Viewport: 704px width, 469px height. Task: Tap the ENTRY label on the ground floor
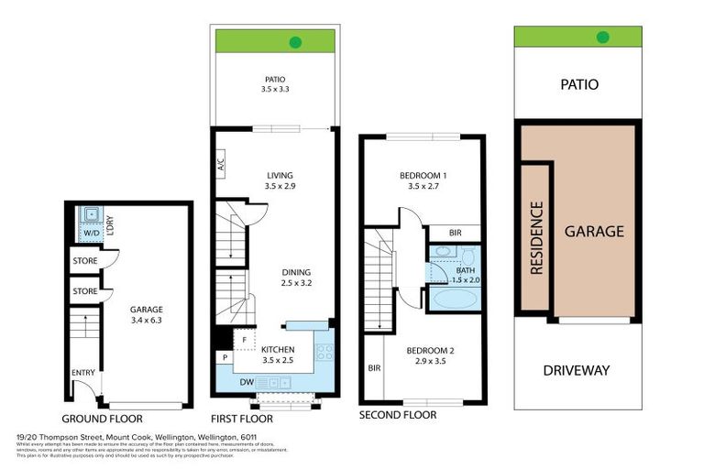pyautogui.click(x=83, y=373)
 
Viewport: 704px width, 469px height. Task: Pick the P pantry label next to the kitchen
pyautogui.click(x=224, y=357)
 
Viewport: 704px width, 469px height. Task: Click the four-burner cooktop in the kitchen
pyautogui.click(x=324, y=351)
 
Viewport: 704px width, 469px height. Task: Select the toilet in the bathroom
pyautogui.click(x=467, y=256)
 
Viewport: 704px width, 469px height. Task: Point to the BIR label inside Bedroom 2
pyautogui.click(x=373, y=368)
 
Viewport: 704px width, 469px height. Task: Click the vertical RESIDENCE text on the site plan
pyautogui.click(x=536, y=238)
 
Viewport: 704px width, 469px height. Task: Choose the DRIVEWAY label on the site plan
pyautogui.click(x=577, y=371)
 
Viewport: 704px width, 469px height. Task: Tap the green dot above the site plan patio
pyautogui.click(x=602, y=38)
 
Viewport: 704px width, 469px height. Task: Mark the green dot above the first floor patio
pyautogui.click(x=296, y=41)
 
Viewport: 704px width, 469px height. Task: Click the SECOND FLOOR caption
pyautogui.click(x=398, y=415)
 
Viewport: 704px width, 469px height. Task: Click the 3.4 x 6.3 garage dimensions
pyautogui.click(x=147, y=321)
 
